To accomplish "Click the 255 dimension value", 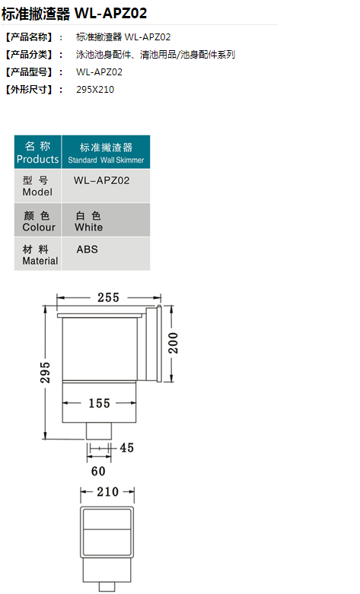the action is coord(108,297).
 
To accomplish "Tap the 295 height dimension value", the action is coord(45,372).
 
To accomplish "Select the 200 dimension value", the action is coord(173,343).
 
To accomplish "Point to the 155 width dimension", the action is coord(99,403).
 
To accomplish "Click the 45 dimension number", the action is coord(127,448).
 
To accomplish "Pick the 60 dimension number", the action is coord(98,471).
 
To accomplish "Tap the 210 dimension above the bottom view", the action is coord(107,492).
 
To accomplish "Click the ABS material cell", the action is coord(106,253).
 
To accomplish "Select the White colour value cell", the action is coord(106,220).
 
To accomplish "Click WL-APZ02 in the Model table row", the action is coord(101,180).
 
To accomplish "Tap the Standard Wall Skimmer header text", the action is coord(106,160).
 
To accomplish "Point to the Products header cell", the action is coord(37,152).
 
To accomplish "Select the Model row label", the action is coord(37,186).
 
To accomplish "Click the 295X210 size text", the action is coord(95,90).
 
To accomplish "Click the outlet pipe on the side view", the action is coord(99,430).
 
